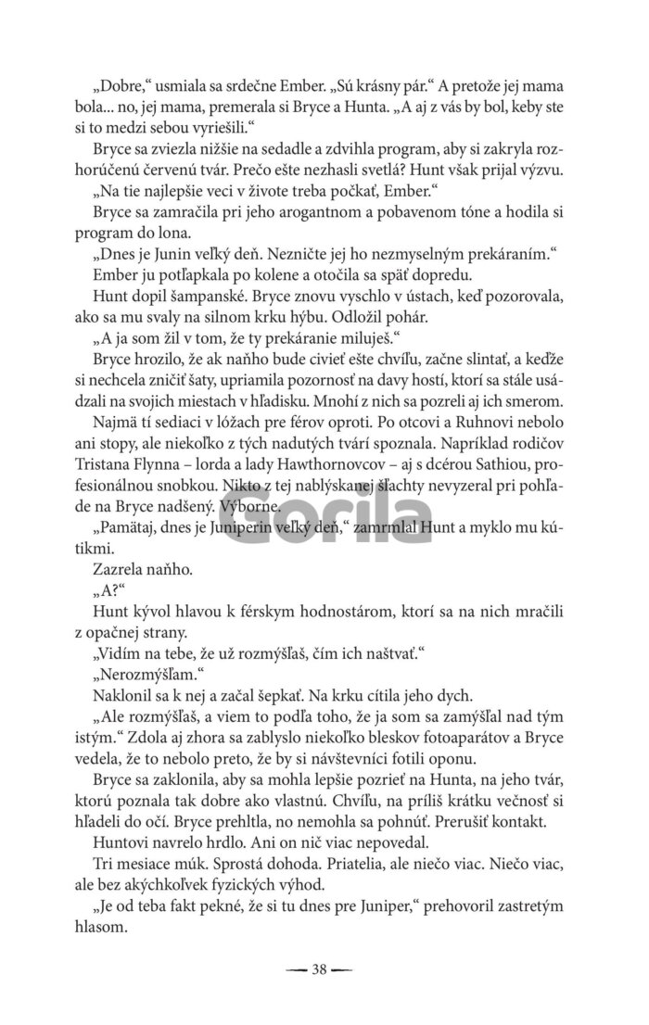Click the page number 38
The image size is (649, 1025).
tap(321, 970)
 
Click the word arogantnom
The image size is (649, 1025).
tap(294, 214)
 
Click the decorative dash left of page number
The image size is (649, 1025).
tap(297, 970)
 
